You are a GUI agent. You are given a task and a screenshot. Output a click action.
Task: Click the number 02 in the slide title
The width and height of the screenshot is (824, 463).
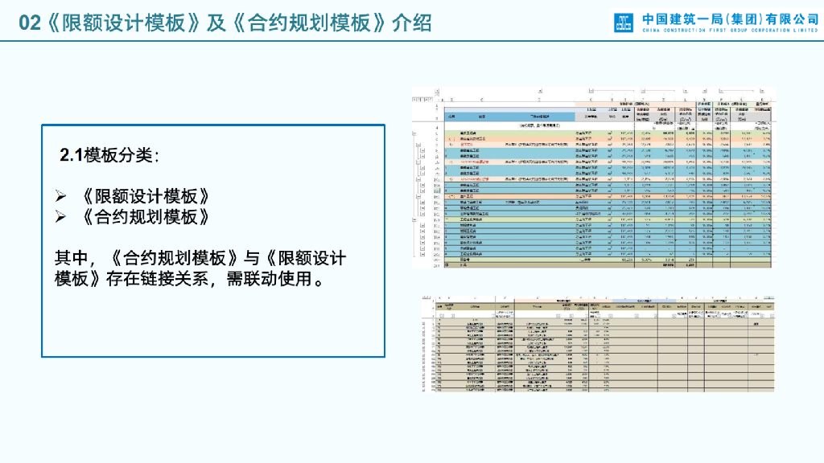(30, 23)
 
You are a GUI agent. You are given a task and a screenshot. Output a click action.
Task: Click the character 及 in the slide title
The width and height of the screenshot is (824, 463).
(214, 23)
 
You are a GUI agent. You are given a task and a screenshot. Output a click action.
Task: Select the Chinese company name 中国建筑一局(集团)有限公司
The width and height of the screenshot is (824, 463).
(730, 18)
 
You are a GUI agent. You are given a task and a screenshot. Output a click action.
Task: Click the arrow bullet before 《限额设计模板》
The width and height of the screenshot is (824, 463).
(60, 197)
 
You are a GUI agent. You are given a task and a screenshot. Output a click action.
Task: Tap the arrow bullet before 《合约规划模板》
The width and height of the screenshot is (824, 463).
(60, 216)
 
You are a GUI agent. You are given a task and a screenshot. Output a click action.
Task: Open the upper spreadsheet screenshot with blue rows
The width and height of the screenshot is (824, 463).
(594, 178)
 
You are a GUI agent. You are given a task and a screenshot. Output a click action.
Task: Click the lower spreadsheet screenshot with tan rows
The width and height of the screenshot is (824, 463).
(602, 344)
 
